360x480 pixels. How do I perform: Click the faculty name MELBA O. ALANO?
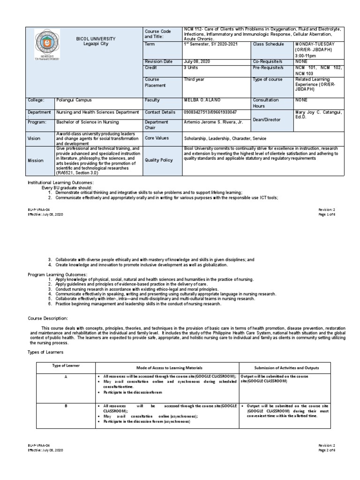click(x=202, y=100)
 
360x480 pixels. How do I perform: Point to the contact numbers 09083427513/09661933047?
click(x=210, y=112)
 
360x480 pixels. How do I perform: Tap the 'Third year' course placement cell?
click(x=194, y=80)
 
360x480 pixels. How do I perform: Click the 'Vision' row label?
click(x=35, y=139)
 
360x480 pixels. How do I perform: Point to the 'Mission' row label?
click(x=36, y=160)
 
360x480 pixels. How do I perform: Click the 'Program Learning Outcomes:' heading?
click(x=58, y=274)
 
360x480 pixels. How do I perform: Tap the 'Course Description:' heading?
click(x=49, y=317)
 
